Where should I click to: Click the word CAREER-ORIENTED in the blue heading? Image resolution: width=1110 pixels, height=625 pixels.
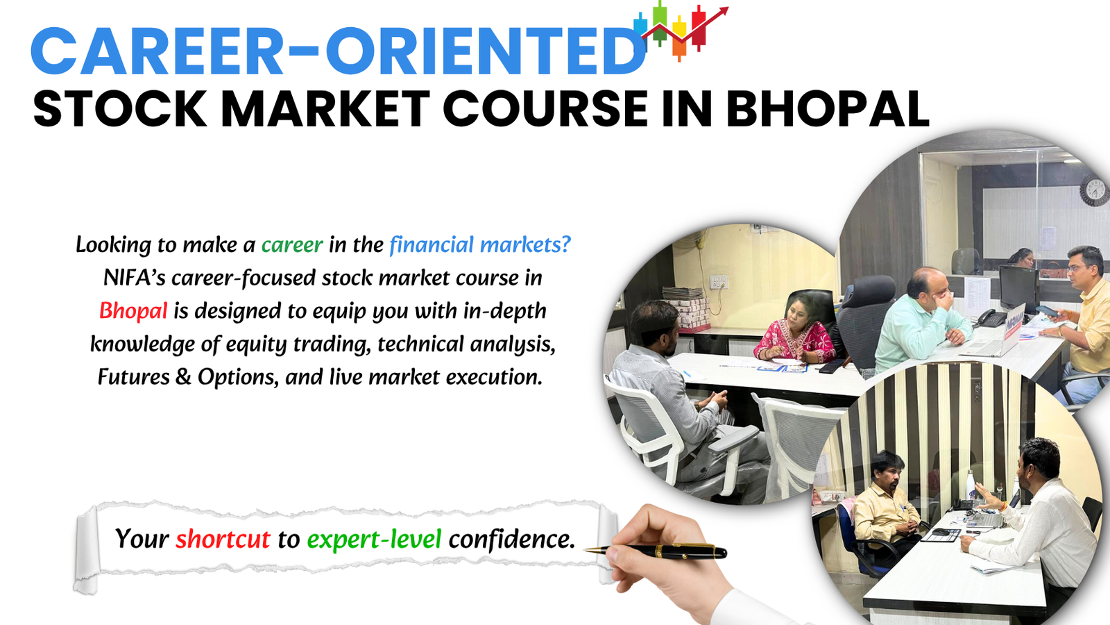339,51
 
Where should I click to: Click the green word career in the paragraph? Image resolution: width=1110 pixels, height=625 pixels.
291,244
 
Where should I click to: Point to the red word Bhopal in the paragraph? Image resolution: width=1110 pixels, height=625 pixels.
133,310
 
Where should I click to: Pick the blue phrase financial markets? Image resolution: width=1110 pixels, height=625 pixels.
479,244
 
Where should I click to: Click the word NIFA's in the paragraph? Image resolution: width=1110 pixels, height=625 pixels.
134,278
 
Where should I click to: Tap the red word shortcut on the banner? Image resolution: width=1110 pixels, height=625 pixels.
222,539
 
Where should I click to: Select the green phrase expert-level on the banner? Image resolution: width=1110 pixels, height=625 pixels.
374,539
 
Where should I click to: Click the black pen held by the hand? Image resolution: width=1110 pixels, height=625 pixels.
666,551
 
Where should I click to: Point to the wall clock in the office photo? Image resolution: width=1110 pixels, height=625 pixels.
1093,190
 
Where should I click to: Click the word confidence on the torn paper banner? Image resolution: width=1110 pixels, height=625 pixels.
511,539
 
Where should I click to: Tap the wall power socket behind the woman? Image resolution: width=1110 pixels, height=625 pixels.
719,283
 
